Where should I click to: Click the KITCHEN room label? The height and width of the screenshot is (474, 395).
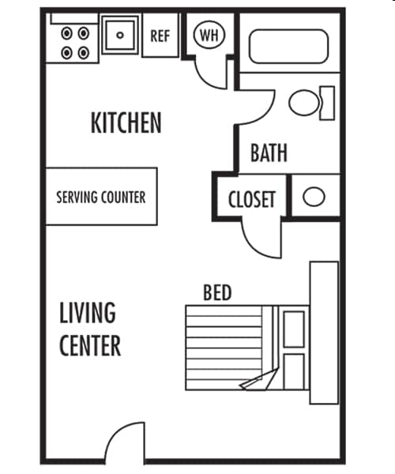[x=126, y=122]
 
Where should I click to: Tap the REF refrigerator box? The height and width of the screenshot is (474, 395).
[x=160, y=36]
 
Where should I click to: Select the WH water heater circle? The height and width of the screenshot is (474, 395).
[x=209, y=35]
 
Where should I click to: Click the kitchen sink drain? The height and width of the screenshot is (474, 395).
[x=120, y=36]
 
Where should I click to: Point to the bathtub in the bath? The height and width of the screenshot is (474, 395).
[x=288, y=47]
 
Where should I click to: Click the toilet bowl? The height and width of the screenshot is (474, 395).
[x=304, y=103]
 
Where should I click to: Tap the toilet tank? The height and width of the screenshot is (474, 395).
[x=327, y=103]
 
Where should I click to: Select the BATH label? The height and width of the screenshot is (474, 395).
[x=269, y=153]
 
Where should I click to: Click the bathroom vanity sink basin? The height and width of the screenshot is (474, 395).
[x=314, y=197]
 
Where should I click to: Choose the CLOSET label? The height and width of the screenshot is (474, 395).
[x=252, y=200]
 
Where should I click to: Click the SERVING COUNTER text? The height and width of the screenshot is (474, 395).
[x=101, y=197]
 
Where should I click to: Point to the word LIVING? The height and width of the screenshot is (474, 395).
[x=88, y=313]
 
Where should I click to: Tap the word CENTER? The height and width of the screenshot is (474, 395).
[x=90, y=345]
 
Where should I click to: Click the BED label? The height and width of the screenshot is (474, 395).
[x=217, y=292]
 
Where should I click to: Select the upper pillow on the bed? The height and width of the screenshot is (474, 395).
[x=294, y=329]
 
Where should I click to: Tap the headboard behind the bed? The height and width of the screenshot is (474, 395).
[x=324, y=333]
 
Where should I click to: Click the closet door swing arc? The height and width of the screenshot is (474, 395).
[x=257, y=246]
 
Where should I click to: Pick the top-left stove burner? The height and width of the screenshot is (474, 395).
[x=67, y=33]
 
